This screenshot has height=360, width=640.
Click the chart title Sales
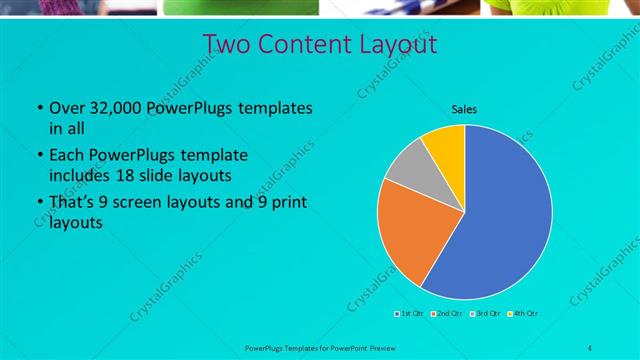coord(464,109)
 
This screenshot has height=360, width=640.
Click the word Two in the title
coord(227,44)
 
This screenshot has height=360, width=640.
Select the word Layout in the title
coord(400,44)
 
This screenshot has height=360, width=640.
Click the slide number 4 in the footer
coord(590,347)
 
